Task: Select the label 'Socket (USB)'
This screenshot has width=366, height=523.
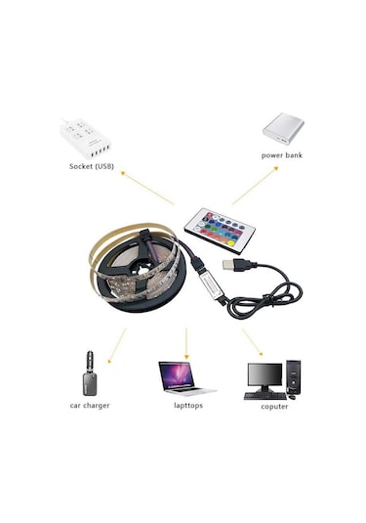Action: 91,166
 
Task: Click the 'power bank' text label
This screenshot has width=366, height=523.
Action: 282,154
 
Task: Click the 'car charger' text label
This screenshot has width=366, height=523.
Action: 89,405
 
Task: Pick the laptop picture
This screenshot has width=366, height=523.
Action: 184,376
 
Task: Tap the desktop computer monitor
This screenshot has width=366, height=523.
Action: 263,375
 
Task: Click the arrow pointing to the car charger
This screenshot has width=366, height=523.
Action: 117,341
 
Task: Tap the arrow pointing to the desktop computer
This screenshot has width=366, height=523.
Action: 253,341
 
